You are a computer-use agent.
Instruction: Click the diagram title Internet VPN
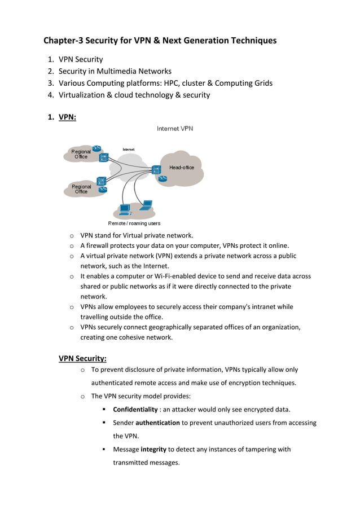[x=174, y=129]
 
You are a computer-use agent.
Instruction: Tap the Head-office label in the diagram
[x=182, y=168]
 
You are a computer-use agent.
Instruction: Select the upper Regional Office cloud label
[x=81, y=154]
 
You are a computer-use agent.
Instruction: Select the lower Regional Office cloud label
[x=81, y=189]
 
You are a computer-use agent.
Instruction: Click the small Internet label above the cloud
[x=129, y=149]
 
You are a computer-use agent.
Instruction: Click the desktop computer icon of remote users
[x=125, y=209]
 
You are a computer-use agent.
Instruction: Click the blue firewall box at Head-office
[x=156, y=169]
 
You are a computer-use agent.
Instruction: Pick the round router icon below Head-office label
[x=163, y=179]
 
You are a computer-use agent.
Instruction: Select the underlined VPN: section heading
[x=67, y=117]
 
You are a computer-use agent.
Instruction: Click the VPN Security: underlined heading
[x=82, y=358]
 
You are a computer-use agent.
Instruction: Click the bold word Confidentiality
[x=135, y=409]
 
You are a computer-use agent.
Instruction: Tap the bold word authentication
[x=157, y=423]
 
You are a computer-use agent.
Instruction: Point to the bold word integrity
[x=153, y=449]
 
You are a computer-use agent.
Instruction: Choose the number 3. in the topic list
[x=50, y=83]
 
